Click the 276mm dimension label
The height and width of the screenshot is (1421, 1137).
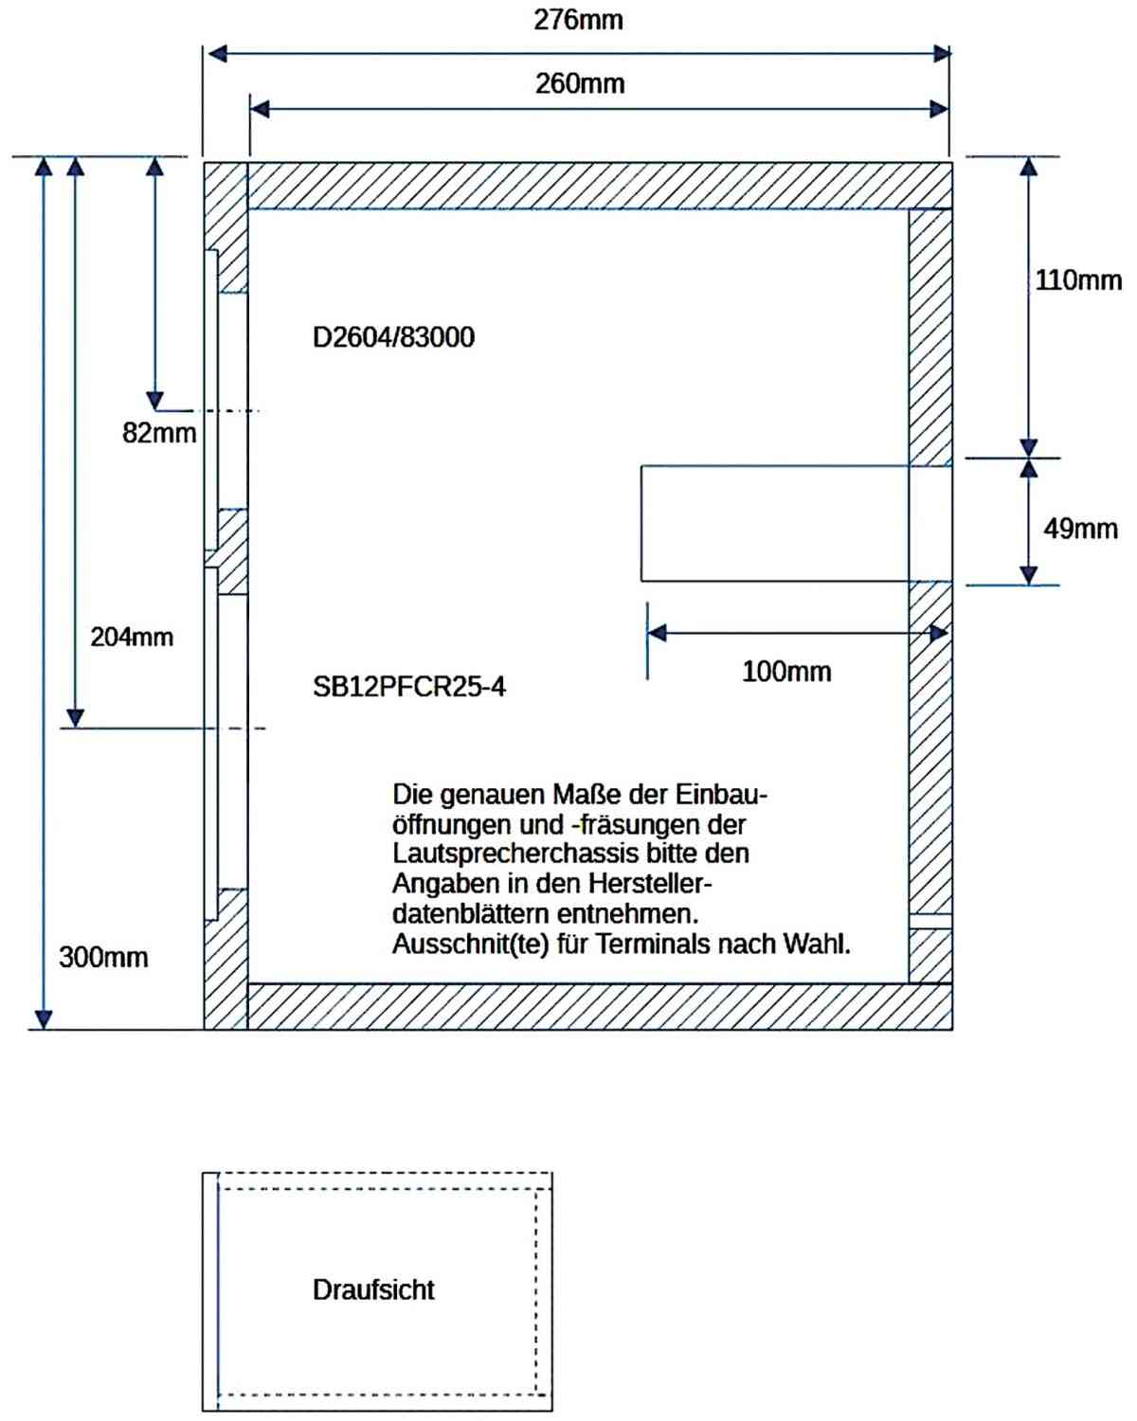[x=578, y=20]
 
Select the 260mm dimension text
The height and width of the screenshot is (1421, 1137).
[x=580, y=84]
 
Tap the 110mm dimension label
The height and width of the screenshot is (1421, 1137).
[x=1077, y=280]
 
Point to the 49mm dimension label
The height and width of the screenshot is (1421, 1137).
[x=1080, y=529]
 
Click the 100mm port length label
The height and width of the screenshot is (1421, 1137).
[x=786, y=672]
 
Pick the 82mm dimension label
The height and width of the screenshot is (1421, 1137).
[x=159, y=433]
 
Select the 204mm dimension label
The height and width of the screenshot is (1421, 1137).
[x=132, y=638]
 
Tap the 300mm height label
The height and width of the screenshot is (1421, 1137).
[x=103, y=958]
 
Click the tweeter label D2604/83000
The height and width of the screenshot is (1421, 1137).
[x=393, y=337]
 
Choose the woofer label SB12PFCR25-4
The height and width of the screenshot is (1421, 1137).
[x=409, y=687]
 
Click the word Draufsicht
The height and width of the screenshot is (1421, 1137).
[x=373, y=1289]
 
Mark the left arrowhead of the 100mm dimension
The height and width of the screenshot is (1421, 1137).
[x=657, y=633]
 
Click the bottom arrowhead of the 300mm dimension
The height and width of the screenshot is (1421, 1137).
[x=44, y=1019]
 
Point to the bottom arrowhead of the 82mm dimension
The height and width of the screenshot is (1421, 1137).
[x=154, y=401]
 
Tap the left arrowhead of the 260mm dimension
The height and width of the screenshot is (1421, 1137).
[x=260, y=109]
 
